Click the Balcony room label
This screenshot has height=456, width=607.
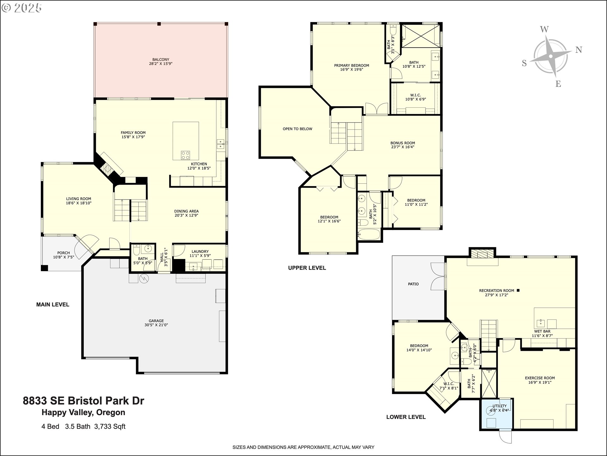tap(161, 61)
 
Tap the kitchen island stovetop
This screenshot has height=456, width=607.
tap(186, 155)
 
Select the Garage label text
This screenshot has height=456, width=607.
tap(156, 323)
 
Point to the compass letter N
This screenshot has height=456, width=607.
tap(579, 50)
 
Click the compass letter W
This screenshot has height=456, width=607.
tap(544, 29)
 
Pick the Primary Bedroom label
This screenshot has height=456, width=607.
tap(352, 67)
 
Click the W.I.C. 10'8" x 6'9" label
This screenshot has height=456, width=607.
tap(415, 97)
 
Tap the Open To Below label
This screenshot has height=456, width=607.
tap(297, 129)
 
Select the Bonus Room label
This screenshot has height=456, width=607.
tap(402, 145)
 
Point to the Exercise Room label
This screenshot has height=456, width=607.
tap(540, 380)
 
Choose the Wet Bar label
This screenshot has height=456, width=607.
tap(542, 333)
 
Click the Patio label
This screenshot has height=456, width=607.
tap(413, 284)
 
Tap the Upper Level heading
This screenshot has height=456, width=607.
tap(307, 268)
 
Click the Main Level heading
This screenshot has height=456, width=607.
tap(52, 305)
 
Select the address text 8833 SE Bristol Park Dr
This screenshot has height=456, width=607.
tap(83, 401)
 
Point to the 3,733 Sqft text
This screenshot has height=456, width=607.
tap(110, 427)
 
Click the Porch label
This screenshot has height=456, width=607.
tap(64, 255)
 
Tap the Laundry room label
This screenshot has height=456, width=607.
tap(200, 254)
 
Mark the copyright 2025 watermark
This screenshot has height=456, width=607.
tap(22, 8)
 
